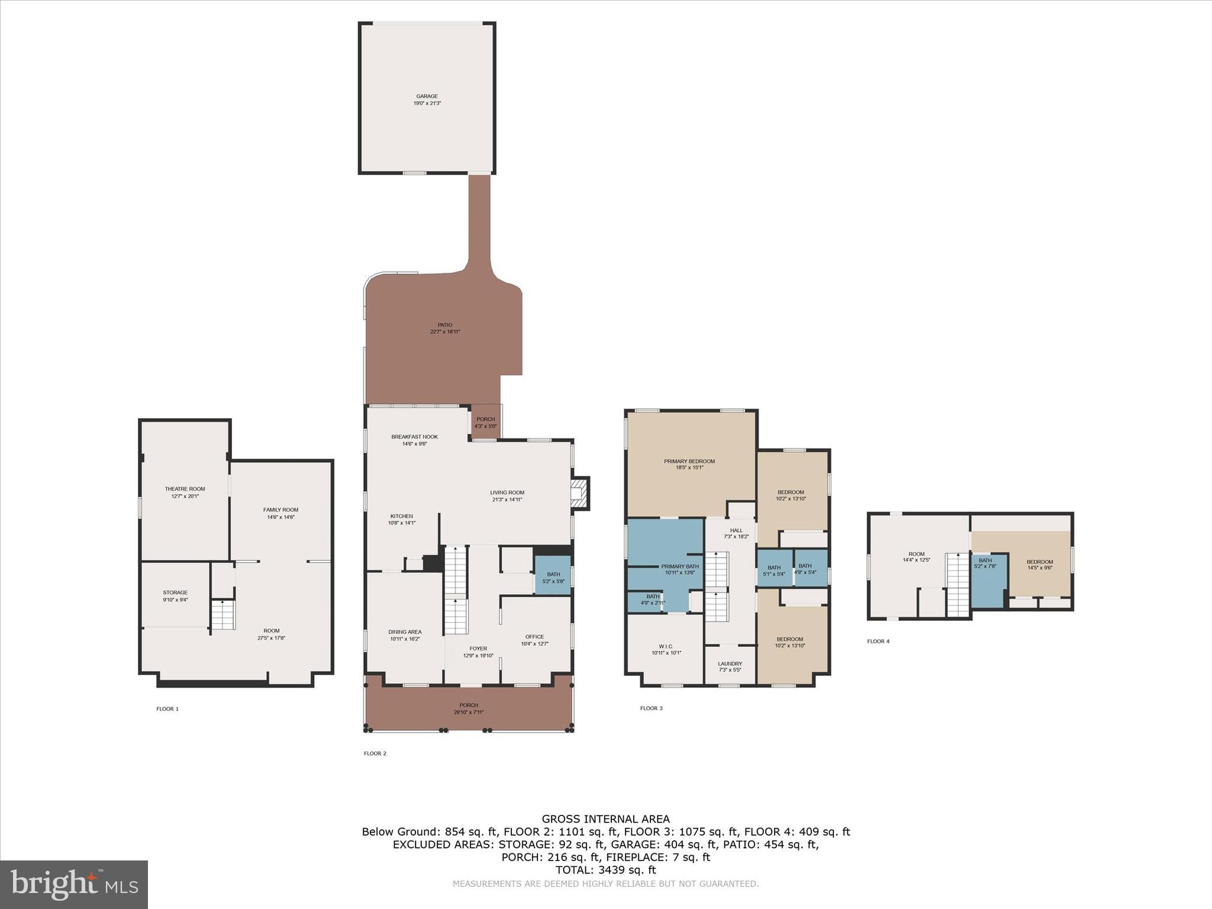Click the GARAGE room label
(427, 96)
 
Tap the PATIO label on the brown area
(445, 325)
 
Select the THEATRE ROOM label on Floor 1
(185, 489)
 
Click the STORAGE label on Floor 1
(175, 592)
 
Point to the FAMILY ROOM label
(281, 510)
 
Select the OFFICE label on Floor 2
(534, 637)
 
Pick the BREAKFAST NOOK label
(414, 437)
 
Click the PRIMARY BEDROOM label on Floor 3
(689, 461)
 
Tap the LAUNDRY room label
(730, 663)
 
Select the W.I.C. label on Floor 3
(666, 646)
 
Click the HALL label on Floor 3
(736, 530)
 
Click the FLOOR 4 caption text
(878, 641)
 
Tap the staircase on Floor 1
(224, 615)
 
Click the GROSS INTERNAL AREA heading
(606, 819)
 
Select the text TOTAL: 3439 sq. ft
(606, 870)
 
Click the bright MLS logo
(74, 885)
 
